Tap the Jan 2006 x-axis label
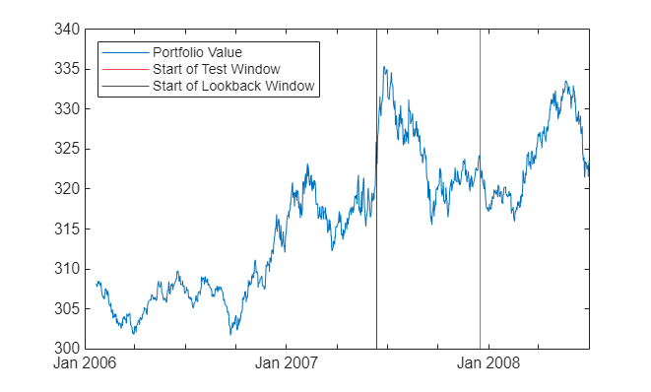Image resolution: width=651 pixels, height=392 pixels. pos(86,363)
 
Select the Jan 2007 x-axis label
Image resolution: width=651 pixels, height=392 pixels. pos(287,363)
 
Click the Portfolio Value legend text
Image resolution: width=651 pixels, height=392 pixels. pos(197,52)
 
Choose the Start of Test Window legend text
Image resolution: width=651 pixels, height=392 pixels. pos(217,69)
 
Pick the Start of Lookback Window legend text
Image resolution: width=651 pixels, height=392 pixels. pos(233,86)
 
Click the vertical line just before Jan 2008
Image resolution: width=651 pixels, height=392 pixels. pos(480,197)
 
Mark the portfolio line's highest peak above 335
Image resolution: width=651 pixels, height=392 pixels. pos(384,67)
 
